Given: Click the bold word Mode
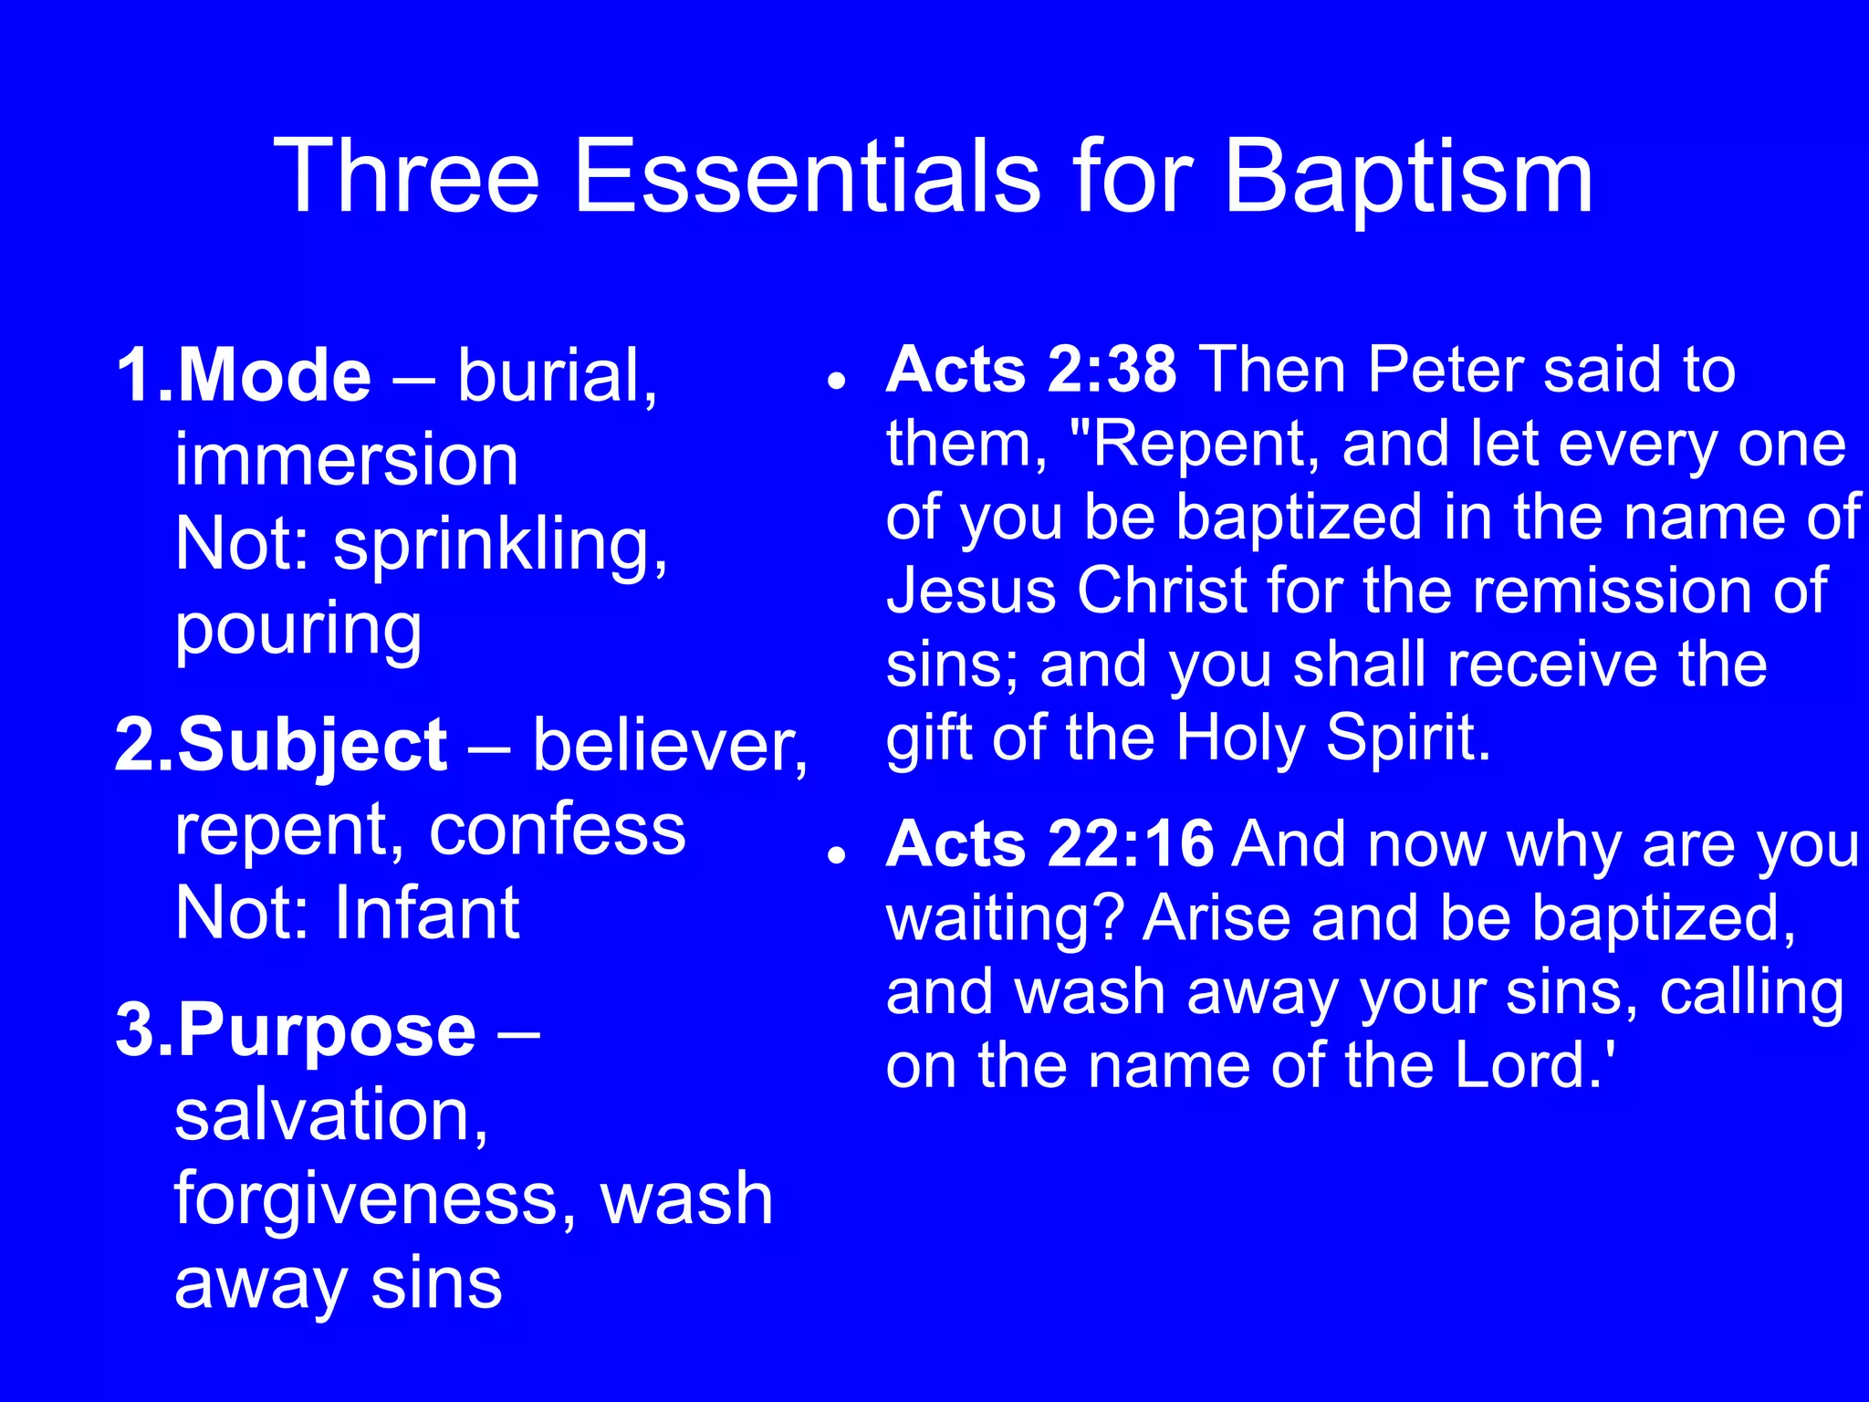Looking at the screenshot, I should tap(274, 375).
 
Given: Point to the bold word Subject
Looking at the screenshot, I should tap(312, 747).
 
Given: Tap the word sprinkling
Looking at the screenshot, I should tap(500, 546).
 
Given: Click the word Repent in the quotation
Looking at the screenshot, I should tap(1205, 445).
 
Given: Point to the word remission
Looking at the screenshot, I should tap(1613, 591).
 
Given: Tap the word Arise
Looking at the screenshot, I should tap(1217, 918).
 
